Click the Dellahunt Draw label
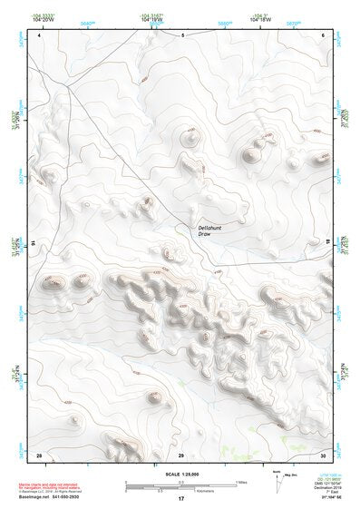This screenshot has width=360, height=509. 210,230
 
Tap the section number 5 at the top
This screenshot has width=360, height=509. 182,35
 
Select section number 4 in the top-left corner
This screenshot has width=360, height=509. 40,35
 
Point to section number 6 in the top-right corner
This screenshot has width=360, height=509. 324,35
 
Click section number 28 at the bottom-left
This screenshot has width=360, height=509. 39,454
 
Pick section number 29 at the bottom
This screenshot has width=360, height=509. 180,454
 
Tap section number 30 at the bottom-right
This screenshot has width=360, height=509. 324,454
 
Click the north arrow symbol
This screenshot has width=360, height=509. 277,482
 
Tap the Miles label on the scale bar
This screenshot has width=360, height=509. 241,481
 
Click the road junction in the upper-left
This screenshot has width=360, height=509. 68,88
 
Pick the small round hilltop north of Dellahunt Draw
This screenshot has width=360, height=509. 190,138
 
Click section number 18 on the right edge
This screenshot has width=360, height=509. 327,243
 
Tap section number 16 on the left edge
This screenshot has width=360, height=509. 34,243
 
